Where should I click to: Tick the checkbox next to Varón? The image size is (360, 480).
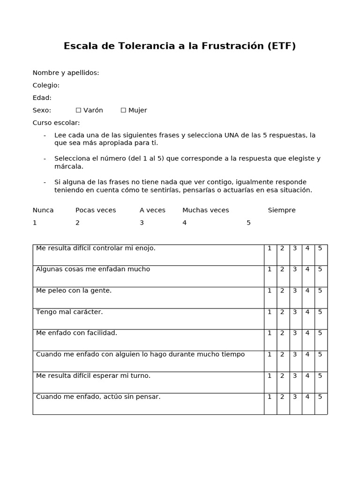coord(78,110)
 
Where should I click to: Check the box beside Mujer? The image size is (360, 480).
coord(123,110)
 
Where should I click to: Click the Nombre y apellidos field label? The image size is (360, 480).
coord(66,73)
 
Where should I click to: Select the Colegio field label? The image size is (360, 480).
coord(46,85)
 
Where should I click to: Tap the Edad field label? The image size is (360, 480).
coord(42,97)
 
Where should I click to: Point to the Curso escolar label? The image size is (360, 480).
coord(56,123)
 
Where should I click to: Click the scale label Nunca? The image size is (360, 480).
coord(43,210)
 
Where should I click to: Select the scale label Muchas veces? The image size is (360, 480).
coord(205,210)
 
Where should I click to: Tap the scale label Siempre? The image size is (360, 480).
coord(282,210)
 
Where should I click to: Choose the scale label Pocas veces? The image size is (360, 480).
coord(96,210)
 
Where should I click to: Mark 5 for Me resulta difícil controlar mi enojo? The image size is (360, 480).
coord(320,248)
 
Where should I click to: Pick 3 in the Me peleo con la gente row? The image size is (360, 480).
coord(295,291)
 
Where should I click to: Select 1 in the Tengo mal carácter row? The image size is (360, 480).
coord(270,312)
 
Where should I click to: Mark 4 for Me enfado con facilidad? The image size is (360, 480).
coord(307,333)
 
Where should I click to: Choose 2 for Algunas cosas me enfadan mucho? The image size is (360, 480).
coord(282,270)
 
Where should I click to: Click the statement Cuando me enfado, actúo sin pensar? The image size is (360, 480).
coord(98,397)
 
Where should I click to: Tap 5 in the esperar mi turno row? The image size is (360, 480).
coord(320,375)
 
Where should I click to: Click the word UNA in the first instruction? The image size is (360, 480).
coord(232,135)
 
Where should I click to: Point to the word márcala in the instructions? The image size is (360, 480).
coord(68,166)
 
